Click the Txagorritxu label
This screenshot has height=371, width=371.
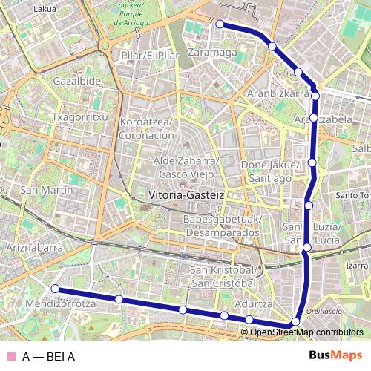(x=82, y=118)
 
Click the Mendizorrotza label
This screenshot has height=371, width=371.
(x=60, y=304)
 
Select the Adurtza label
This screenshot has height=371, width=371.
(x=254, y=304)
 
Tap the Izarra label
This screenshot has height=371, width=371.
(x=357, y=265)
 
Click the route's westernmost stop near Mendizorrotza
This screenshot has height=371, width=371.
(x=54, y=289)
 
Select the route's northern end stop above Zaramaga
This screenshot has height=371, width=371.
(x=220, y=24)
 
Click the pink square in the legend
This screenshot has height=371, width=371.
(x=10, y=356)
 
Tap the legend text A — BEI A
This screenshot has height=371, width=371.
(x=48, y=356)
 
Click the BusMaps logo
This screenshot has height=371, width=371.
(x=335, y=355)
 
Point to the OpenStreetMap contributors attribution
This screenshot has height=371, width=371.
(x=306, y=332)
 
